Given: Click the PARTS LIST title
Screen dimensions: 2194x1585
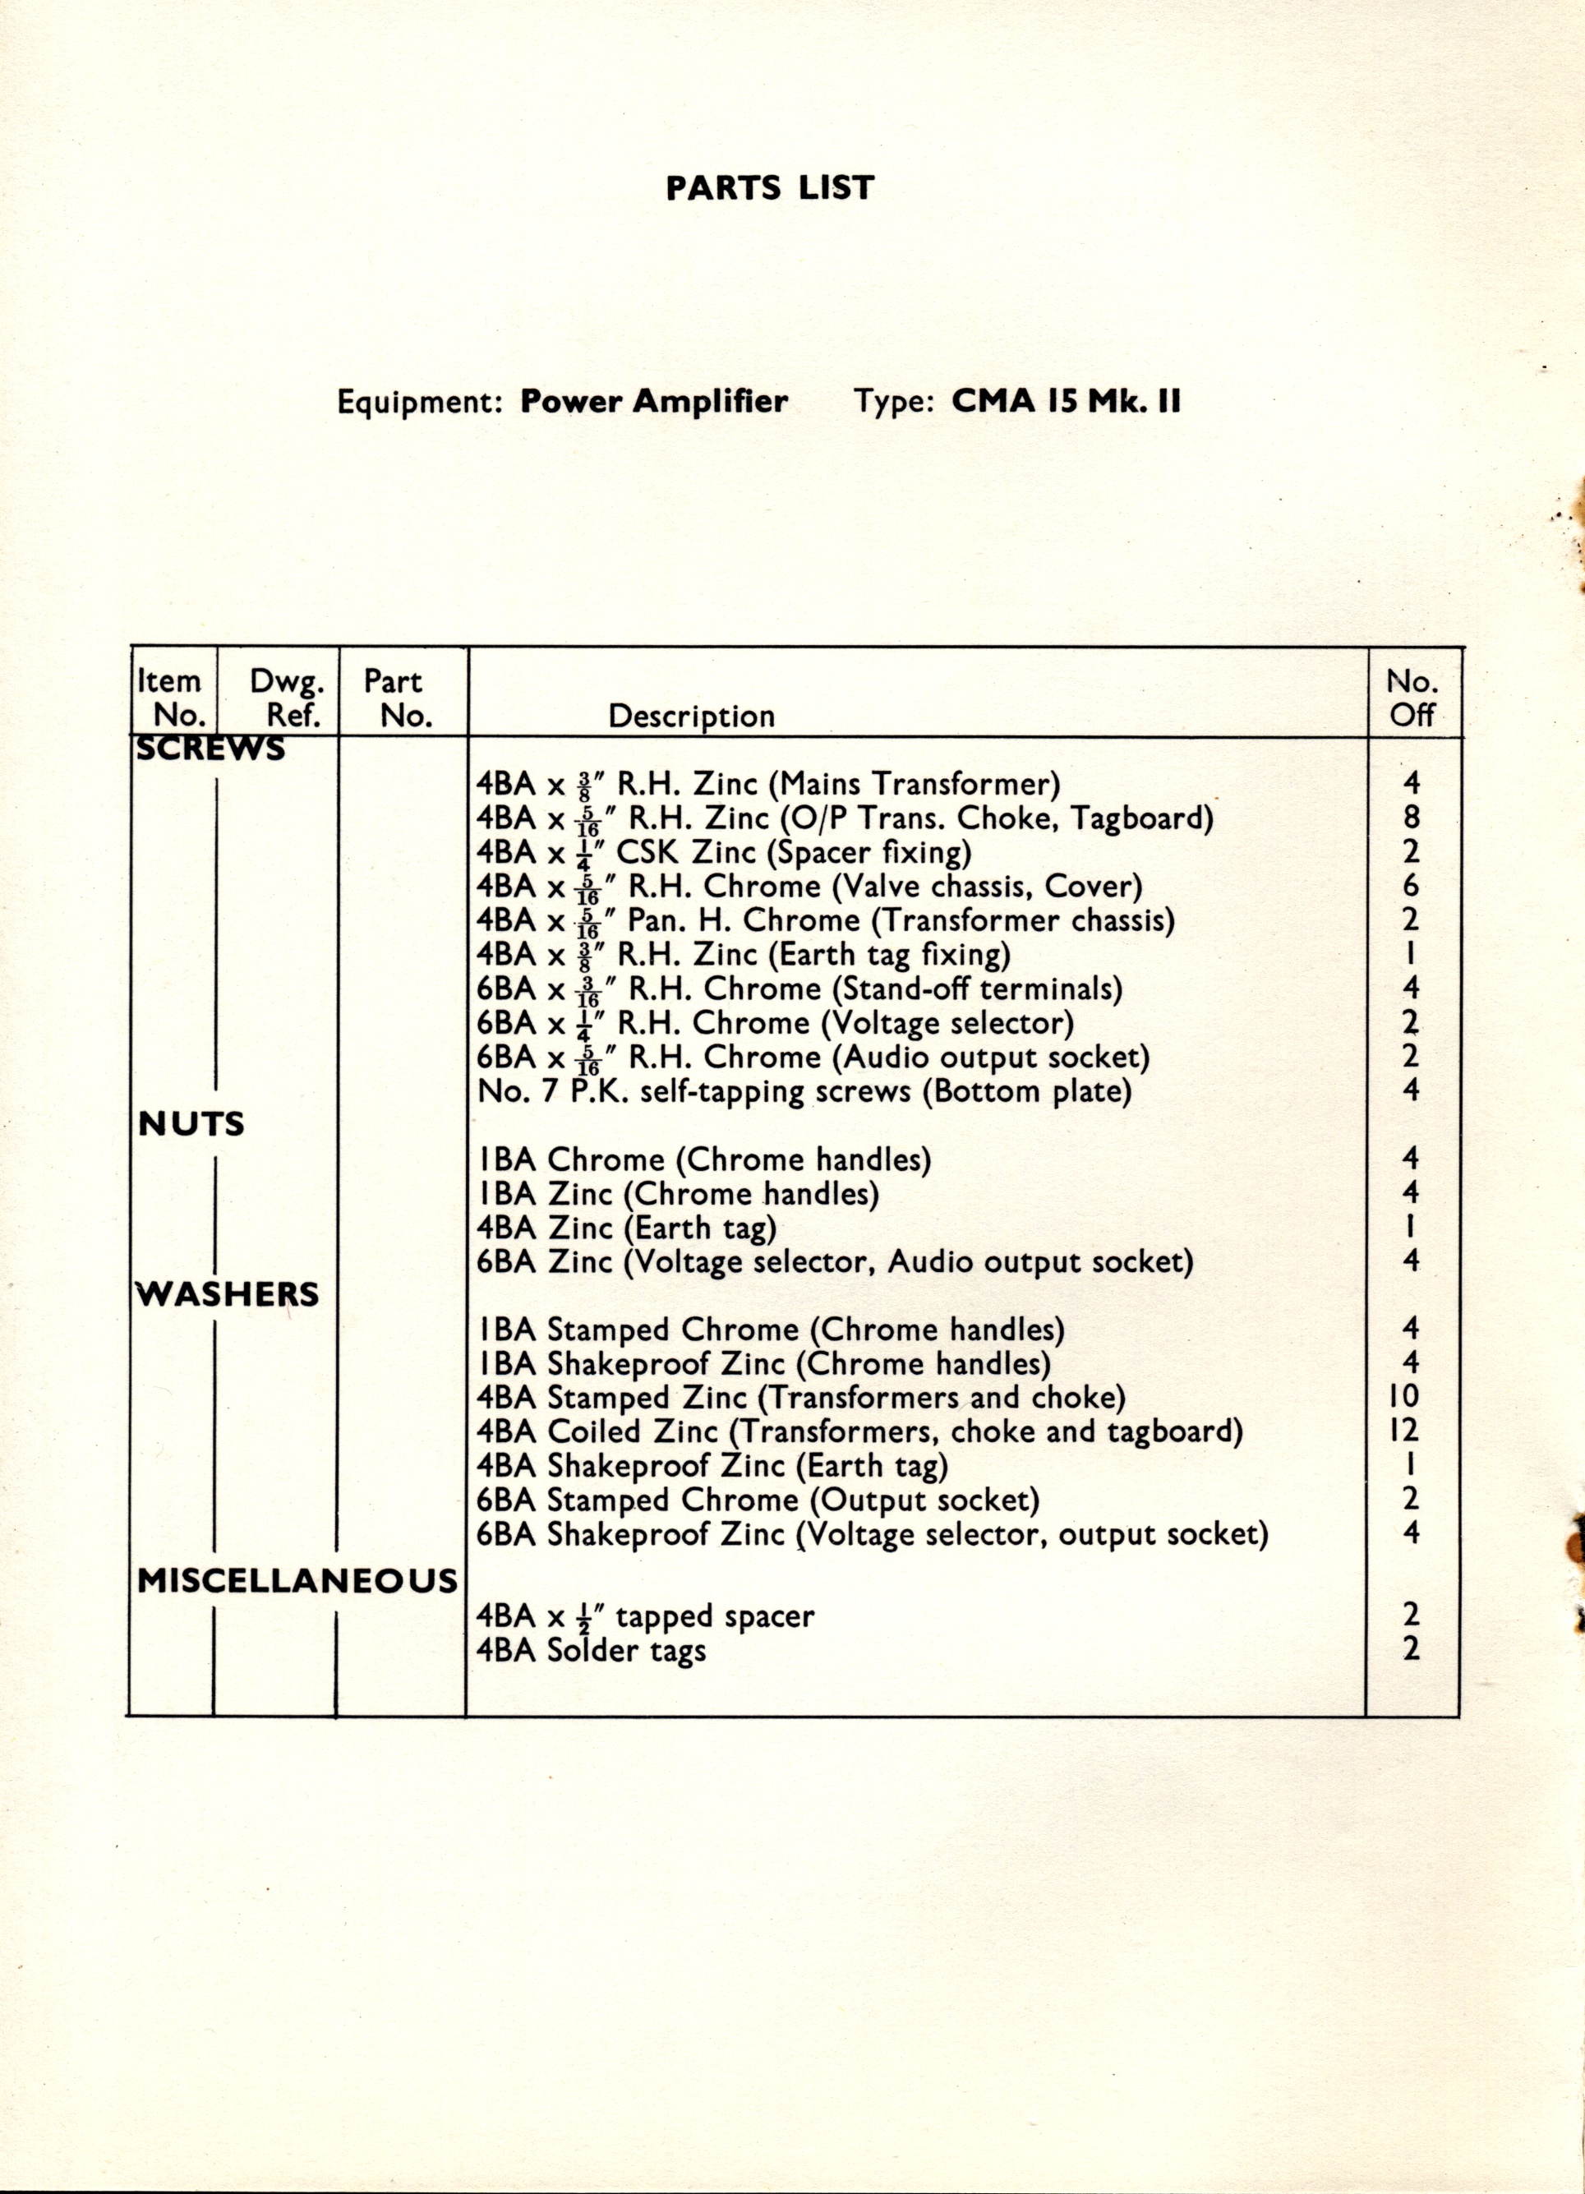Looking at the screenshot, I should coord(770,187).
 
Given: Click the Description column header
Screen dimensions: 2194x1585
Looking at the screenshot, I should coord(692,716).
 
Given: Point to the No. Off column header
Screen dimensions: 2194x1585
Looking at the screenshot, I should coord(1412,698).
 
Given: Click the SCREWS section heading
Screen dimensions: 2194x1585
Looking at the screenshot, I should coord(211,749).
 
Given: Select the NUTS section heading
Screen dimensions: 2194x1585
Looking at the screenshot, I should coord(191,1124).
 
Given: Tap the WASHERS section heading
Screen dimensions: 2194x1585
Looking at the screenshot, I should coord(228,1294).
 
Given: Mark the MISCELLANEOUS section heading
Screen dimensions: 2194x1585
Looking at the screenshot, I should coord(297,1581).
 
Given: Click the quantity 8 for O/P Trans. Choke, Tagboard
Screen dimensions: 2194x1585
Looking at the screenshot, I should coord(1412,818).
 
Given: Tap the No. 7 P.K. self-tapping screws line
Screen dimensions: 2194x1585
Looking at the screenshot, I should coord(804,1091).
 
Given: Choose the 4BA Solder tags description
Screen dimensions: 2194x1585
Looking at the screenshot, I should coord(591,1649).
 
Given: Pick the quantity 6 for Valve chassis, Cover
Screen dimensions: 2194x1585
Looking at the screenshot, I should coord(1412,885).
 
